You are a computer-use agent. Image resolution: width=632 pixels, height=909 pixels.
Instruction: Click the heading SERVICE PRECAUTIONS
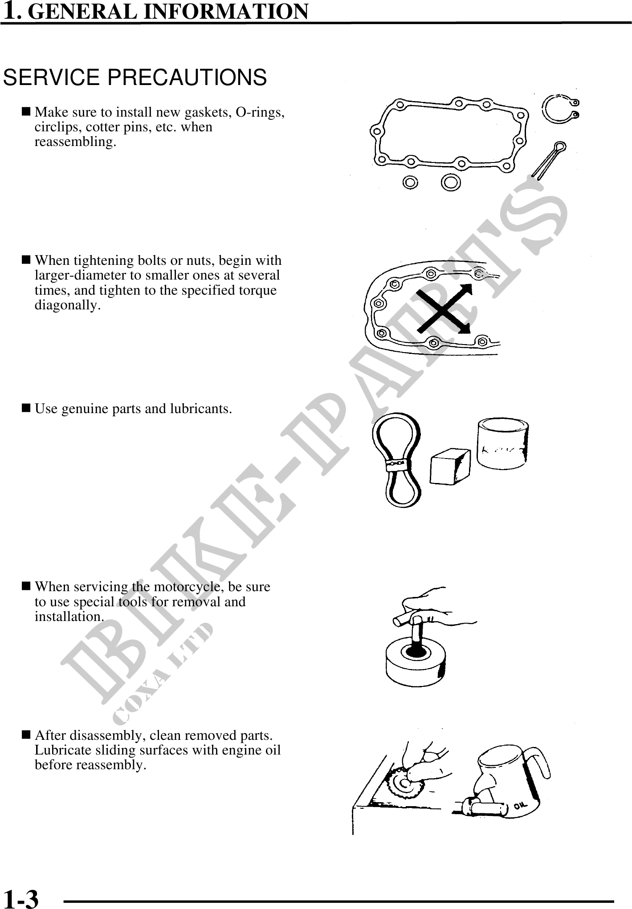pyautogui.click(x=135, y=77)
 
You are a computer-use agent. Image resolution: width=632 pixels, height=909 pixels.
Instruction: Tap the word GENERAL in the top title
pyautogui.click(x=86, y=12)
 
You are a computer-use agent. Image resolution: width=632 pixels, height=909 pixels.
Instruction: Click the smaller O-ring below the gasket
pyautogui.click(x=410, y=182)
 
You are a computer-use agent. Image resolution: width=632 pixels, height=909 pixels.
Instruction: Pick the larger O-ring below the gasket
pyautogui.click(x=451, y=182)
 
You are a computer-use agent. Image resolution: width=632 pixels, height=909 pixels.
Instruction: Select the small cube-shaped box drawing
pyautogui.click(x=450, y=467)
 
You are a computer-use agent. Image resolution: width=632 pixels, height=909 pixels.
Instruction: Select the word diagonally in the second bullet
pyautogui.click(x=68, y=305)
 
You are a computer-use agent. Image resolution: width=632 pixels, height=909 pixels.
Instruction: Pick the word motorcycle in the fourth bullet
pyautogui.click(x=187, y=587)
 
